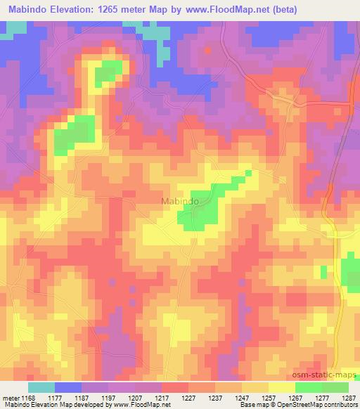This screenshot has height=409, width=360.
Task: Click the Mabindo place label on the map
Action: tap(180, 201)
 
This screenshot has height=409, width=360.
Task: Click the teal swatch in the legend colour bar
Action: tap(41, 387)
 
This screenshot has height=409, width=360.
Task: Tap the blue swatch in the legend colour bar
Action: tap(68, 387)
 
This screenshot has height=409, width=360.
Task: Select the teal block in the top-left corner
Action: tap(14, 29)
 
